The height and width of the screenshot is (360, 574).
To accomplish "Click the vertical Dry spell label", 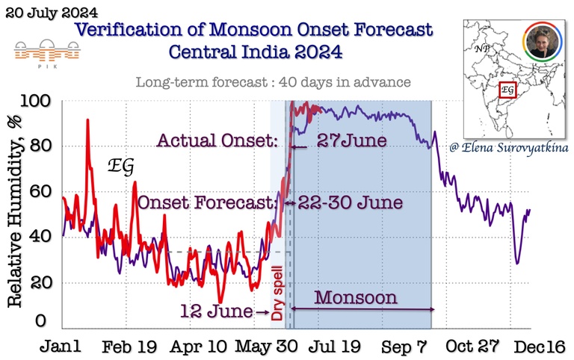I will [277, 296].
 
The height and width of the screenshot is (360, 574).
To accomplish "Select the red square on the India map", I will [508, 90].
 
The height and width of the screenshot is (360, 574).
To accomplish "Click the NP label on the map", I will [482, 49].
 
